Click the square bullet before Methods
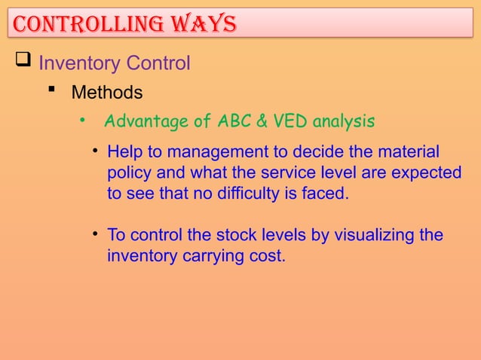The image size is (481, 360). click(x=52, y=93)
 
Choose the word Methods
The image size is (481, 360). click(x=106, y=93)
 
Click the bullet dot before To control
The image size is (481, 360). click(x=97, y=234)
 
